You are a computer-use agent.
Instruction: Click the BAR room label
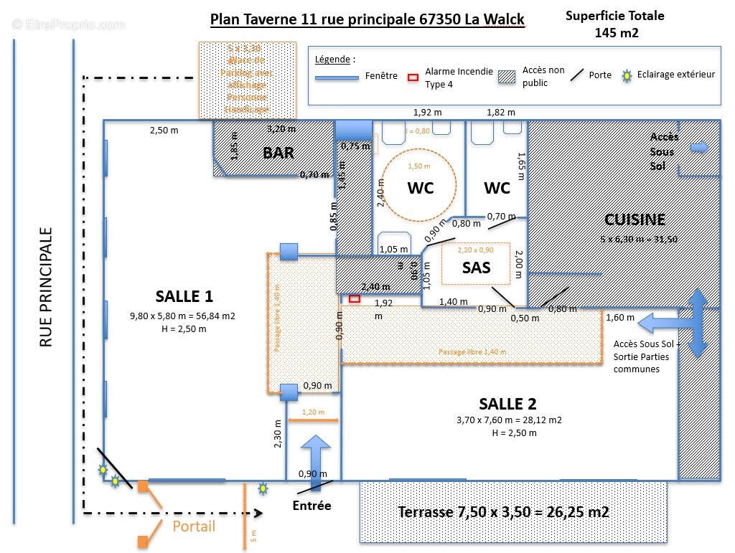pyautogui.click(x=278, y=153)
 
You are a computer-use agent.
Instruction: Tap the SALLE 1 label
pyautogui.click(x=184, y=296)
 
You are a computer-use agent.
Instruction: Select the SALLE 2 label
pyautogui.click(x=508, y=404)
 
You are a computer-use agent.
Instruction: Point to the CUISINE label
pyautogui.click(x=635, y=219)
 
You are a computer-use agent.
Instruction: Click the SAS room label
pyautogui.click(x=477, y=267)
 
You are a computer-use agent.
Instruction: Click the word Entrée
pyautogui.click(x=312, y=506)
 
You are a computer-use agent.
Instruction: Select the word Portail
pyautogui.click(x=194, y=526)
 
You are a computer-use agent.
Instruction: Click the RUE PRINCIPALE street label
pyautogui.click(x=47, y=288)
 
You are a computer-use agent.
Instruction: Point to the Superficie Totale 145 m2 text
pyautogui.click(x=615, y=24)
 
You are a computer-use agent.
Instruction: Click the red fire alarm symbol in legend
pyautogui.click(x=413, y=77)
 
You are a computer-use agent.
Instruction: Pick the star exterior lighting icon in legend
pyautogui.click(x=627, y=75)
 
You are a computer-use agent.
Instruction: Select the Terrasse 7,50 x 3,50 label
pyautogui.click(x=503, y=512)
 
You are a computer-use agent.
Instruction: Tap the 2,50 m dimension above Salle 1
pyautogui.click(x=164, y=130)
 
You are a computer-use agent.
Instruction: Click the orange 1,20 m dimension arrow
pyautogui.click(x=313, y=420)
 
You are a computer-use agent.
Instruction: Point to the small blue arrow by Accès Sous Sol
pyautogui.click(x=698, y=148)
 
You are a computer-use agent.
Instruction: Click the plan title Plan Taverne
pyautogui.click(x=367, y=19)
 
